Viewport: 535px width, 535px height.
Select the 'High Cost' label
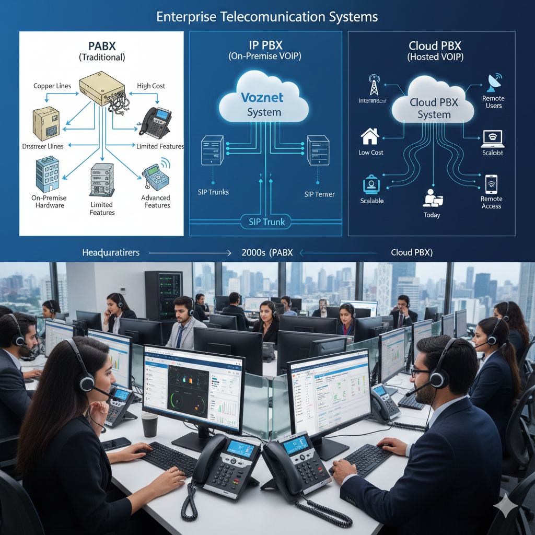point(151,86)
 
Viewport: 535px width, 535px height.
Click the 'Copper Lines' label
point(52,86)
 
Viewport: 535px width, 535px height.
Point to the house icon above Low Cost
point(370,137)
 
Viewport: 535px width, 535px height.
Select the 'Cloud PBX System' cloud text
point(434,108)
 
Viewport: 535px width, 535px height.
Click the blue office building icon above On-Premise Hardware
point(48,173)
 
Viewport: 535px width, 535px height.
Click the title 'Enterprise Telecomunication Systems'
point(267,17)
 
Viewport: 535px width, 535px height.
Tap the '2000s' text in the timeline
point(253,253)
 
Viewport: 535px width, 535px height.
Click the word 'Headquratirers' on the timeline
point(111,253)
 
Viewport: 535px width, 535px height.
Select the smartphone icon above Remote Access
point(491,184)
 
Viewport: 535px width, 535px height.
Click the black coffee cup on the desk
point(149,424)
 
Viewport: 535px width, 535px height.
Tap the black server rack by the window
point(164,295)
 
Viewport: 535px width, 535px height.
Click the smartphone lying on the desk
point(116,444)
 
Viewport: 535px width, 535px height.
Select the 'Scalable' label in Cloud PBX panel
point(372,201)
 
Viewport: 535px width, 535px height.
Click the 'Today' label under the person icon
point(432,215)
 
